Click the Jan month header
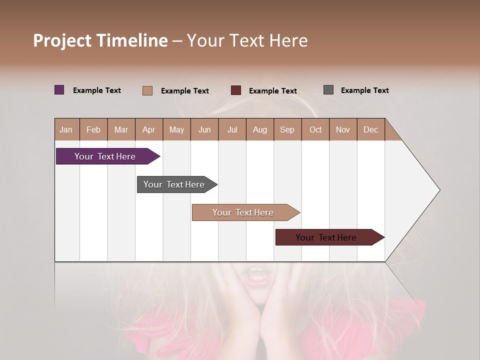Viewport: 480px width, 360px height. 66,129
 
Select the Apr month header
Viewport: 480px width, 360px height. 149,129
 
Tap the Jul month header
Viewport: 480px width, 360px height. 232,129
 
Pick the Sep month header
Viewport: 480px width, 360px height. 287,129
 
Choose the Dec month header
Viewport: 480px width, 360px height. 370,129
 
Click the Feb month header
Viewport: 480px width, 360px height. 93,129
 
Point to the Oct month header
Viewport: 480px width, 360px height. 315,129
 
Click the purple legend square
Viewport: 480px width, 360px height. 59,90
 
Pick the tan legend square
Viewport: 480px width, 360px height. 147,90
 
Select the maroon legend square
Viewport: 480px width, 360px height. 236,90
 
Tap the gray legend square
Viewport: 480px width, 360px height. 328,90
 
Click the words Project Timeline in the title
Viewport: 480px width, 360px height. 100,40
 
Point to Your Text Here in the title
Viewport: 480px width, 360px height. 247,40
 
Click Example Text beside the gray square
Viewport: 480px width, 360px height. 364,90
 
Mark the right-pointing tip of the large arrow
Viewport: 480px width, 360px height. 439,190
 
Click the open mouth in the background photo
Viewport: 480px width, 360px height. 258,275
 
